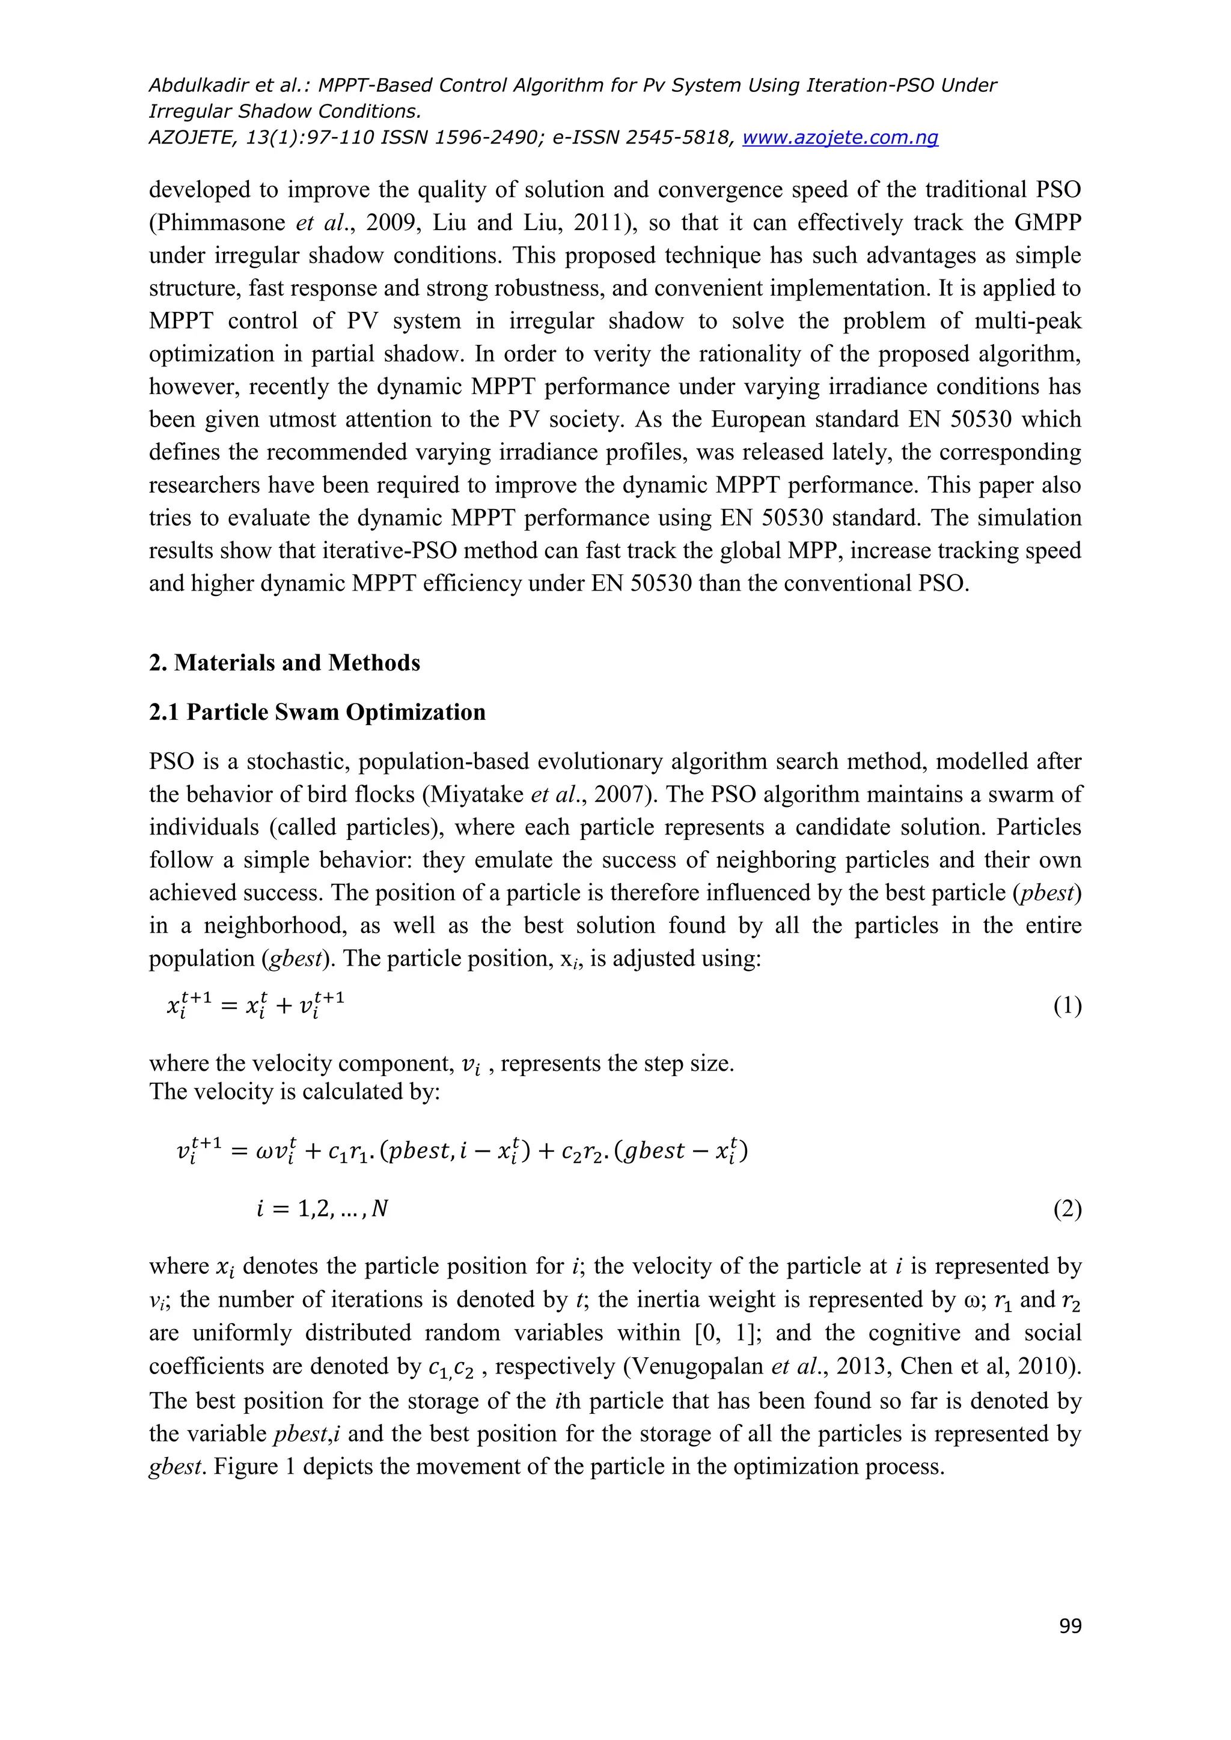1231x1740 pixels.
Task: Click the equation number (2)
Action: tap(1068, 1209)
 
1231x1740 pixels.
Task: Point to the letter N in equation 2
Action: tap(380, 1209)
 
